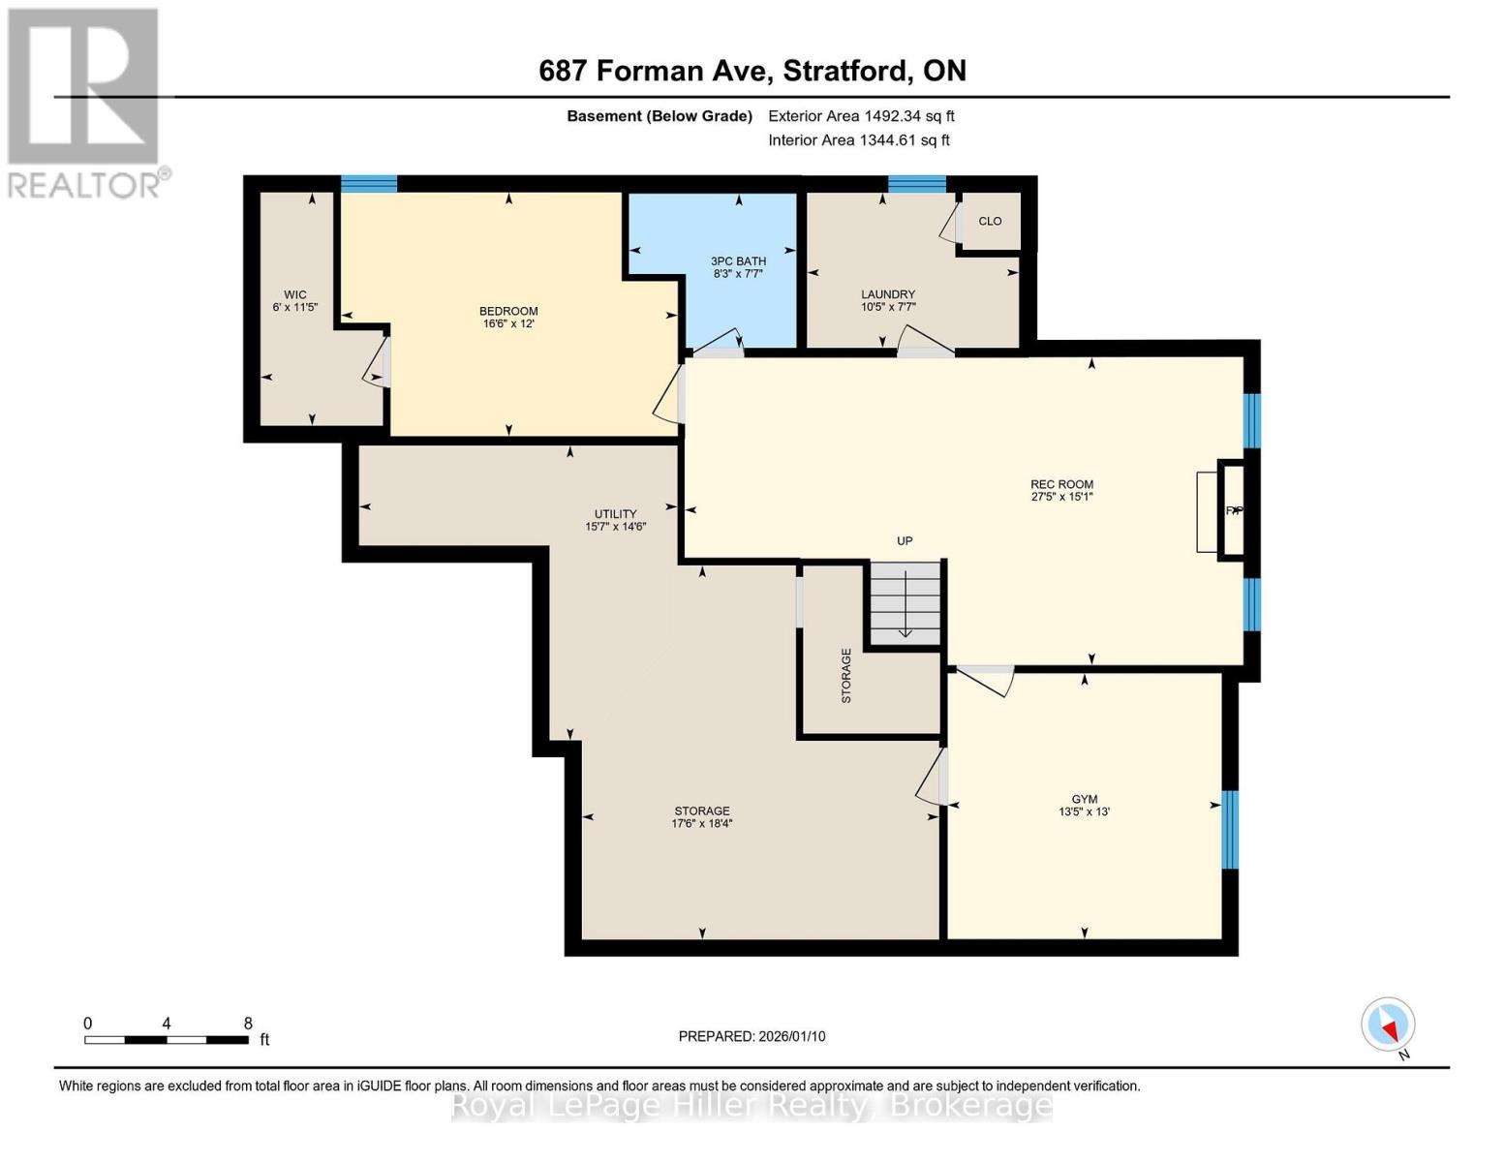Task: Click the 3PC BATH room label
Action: point(738,260)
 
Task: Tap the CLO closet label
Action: point(990,221)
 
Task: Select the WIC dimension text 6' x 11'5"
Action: point(295,307)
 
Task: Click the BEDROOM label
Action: point(508,311)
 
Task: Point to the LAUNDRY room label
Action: point(888,294)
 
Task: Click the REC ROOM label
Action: point(1061,484)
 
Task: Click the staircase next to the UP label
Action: point(905,602)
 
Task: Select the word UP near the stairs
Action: point(905,540)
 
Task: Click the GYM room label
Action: point(1084,799)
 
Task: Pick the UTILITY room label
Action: point(615,514)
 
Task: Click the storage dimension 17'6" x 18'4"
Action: point(702,824)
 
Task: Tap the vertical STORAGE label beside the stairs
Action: point(845,675)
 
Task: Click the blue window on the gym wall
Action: point(1230,829)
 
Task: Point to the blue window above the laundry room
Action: point(917,183)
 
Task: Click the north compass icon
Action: point(1388,1024)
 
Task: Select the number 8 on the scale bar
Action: point(248,1024)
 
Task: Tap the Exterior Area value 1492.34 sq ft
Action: point(909,116)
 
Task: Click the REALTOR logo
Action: point(84,102)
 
